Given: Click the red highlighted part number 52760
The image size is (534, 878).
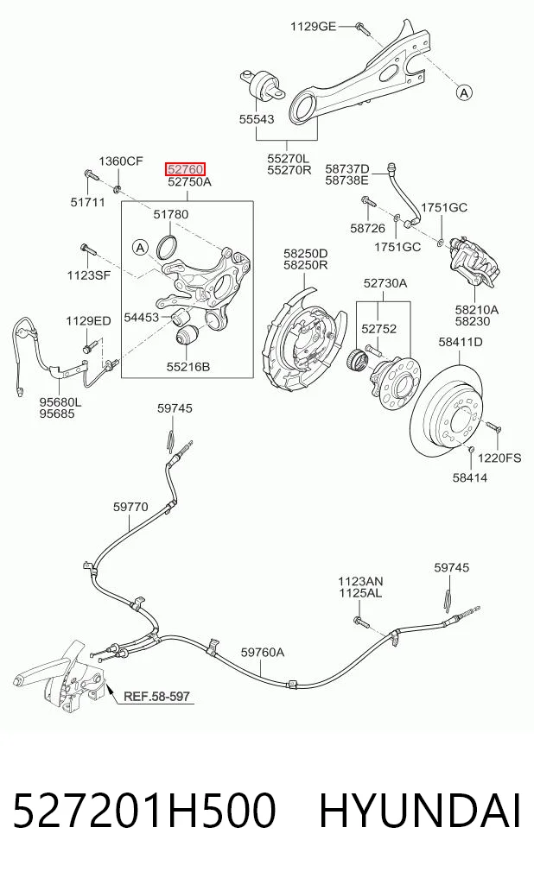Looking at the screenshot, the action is point(185,169).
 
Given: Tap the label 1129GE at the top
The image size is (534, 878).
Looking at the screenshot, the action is point(313,26).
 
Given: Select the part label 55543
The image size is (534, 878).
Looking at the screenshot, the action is point(257,119).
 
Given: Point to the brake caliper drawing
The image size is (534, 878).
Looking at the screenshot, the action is point(474,262).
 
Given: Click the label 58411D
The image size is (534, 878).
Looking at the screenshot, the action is point(460,342).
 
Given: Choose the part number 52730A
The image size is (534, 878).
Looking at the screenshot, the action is point(385,283).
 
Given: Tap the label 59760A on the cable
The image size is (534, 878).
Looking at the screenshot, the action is point(262,653).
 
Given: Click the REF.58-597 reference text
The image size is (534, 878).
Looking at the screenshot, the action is point(156,697).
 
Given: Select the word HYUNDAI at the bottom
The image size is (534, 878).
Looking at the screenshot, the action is point(420,811).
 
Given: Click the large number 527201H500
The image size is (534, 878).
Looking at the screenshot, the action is point(144,811).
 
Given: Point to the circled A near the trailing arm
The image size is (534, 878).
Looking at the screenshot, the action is point(464,92).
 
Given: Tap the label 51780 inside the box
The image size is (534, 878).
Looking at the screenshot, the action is point(171,214).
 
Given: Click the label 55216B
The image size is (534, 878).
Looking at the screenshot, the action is point(188,367).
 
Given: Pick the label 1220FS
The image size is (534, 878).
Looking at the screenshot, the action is point(499,458).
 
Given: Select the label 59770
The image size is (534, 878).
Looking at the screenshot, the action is point(130,507).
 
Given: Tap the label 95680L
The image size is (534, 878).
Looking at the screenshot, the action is point(60,402).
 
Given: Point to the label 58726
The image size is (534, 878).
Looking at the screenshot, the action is point(367,228).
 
